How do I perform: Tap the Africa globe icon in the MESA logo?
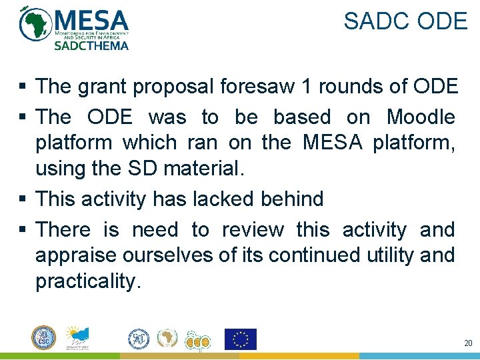(35, 25)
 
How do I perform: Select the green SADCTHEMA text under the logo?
(91, 45)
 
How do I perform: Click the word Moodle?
(421, 117)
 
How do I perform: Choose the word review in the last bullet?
(255, 230)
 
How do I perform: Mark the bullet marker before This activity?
(23, 199)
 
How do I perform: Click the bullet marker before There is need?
(23, 231)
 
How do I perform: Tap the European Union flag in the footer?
(240, 339)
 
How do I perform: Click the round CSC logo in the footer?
(44, 337)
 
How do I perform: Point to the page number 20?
(467, 343)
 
